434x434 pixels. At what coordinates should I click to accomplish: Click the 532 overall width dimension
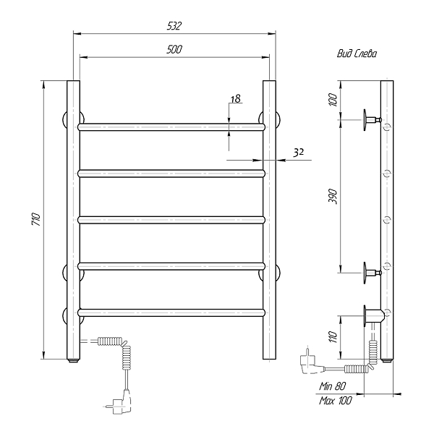coord(174,26)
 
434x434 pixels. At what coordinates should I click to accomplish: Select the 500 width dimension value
coord(174,49)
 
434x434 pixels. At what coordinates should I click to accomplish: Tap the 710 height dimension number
coord(36,219)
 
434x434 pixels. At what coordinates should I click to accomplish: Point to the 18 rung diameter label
coord(236,99)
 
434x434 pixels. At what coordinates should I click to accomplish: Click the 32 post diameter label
coord(299,153)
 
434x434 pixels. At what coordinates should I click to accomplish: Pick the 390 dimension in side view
coord(333,197)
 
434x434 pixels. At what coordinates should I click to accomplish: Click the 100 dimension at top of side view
coord(333,101)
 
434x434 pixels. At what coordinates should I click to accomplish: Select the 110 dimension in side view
coord(333,337)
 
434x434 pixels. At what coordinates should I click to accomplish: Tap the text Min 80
coord(333,386)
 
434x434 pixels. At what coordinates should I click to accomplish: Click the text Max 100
coord(336,400)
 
